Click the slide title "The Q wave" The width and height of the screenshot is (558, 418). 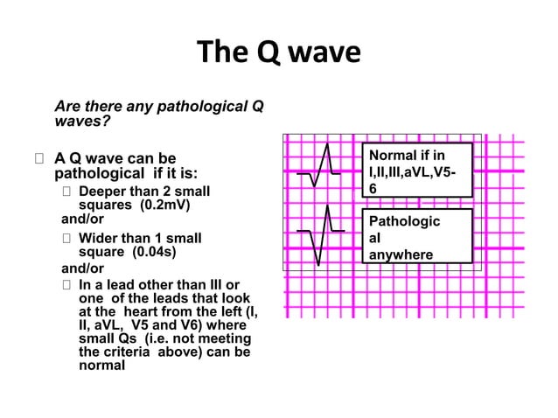(279, 53)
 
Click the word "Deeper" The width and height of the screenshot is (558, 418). (102, 192)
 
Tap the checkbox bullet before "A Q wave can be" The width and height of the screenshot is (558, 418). (38, 159)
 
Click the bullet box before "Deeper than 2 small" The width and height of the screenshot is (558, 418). (68, 192)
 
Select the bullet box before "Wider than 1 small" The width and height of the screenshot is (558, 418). (68, 238)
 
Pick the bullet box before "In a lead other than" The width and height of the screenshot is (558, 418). (68, 284)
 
